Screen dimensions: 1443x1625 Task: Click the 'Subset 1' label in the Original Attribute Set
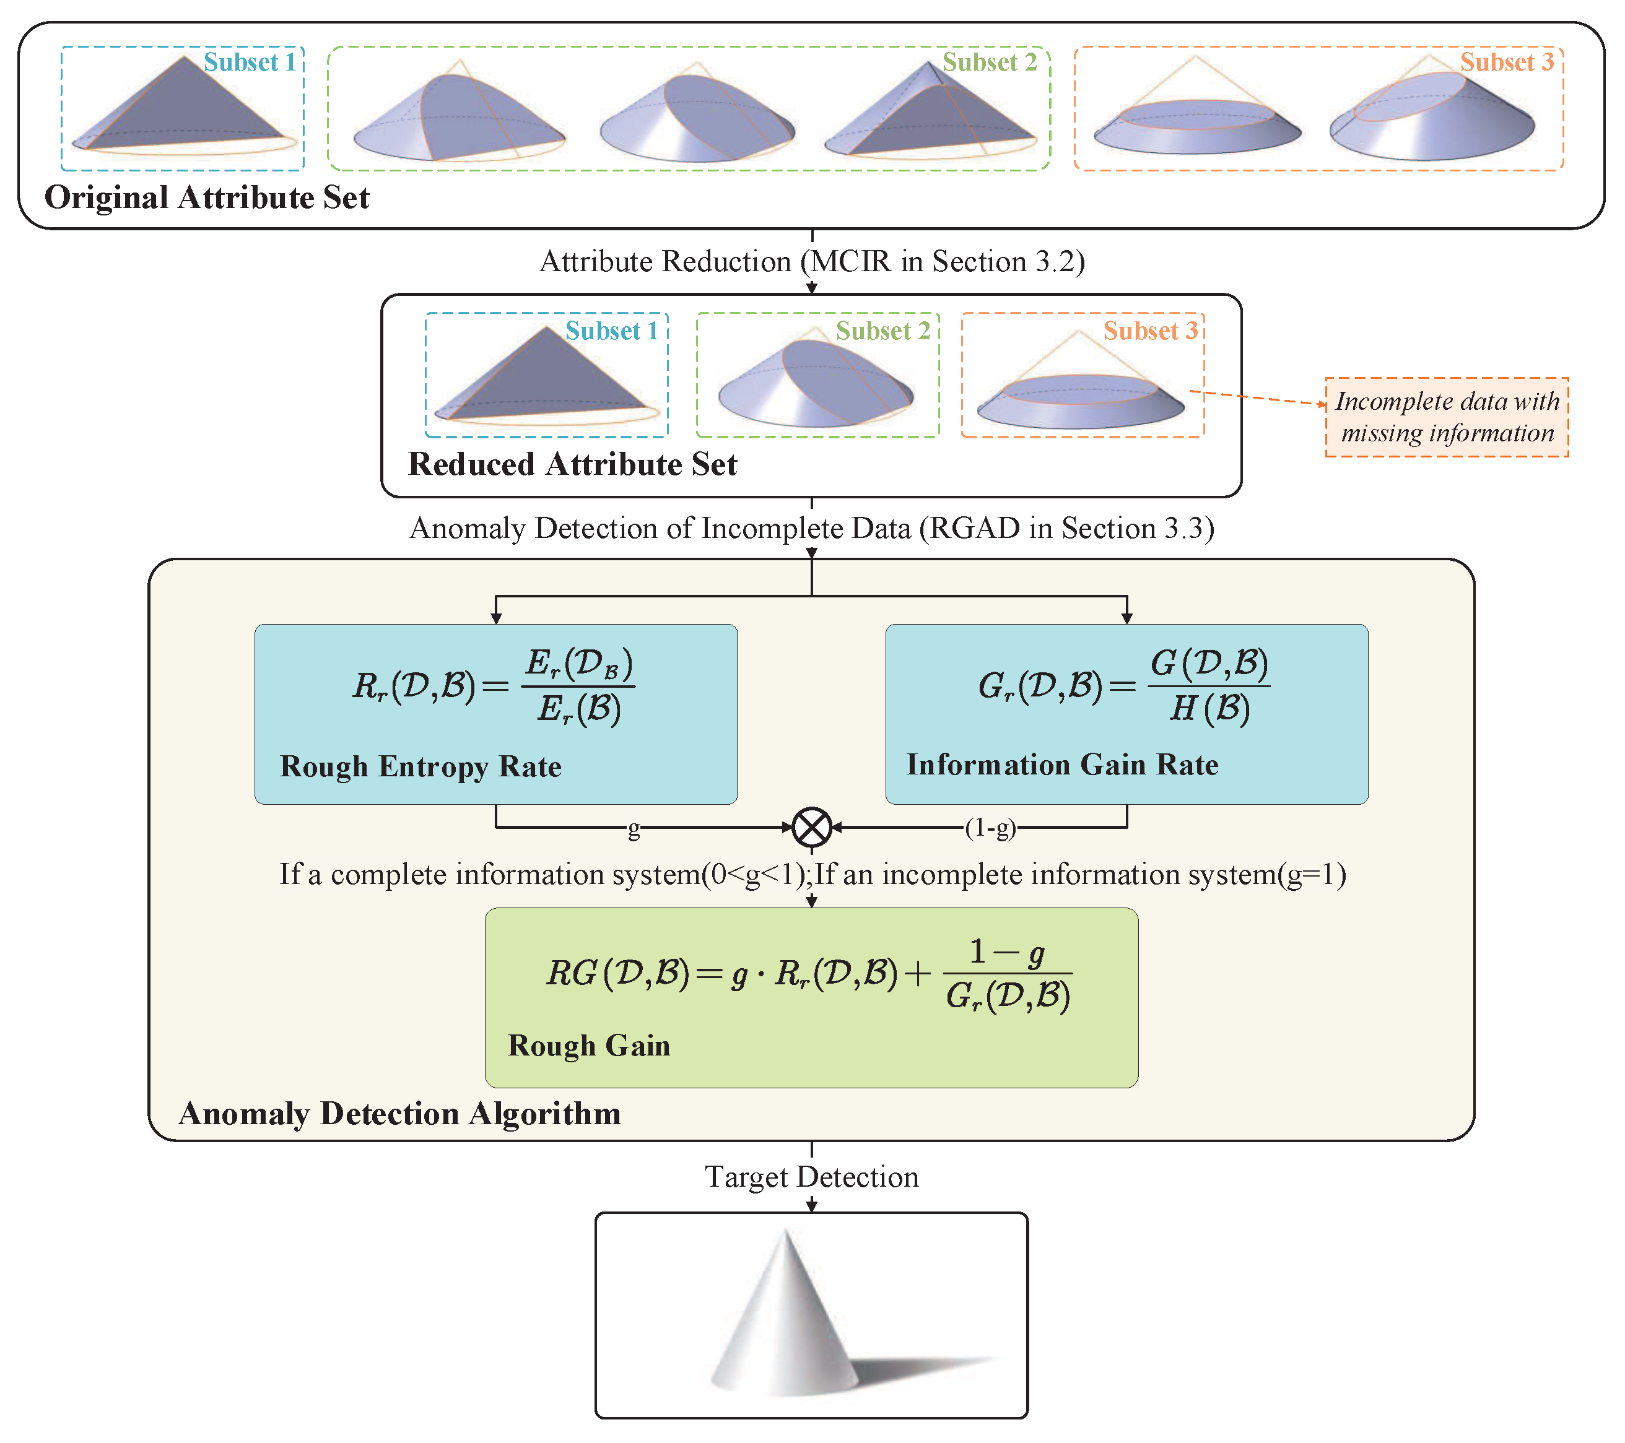pos(249,62)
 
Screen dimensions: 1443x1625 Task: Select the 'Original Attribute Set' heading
pos(207,197)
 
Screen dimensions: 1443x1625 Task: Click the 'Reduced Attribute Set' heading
pos(572,464)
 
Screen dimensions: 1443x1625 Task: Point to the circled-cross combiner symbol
pos(812,827)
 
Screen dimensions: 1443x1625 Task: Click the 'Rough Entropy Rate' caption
pos(420,767)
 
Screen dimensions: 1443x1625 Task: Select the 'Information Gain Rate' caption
pos(1062,765)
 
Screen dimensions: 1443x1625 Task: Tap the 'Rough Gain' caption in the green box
pos(589,1046)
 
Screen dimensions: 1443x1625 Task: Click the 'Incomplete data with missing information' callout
pos(1447,417)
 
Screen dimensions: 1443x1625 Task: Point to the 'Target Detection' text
pos(812,1177)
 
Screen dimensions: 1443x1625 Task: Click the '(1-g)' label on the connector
pos(991,828)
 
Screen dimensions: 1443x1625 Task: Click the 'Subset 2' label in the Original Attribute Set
pos(989,62)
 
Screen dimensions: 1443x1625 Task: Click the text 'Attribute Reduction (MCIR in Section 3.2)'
pos(812,261)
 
